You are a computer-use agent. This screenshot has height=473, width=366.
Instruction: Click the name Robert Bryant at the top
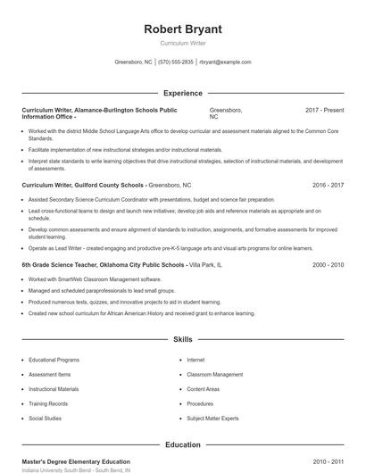183,29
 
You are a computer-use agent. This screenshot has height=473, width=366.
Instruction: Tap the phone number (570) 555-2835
176,62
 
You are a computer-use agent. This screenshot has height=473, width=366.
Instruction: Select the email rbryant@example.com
225,62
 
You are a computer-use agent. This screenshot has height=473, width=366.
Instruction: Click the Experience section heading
183,93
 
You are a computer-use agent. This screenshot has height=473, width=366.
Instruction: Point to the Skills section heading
183,340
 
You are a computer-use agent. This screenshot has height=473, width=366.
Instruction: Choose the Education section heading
183,444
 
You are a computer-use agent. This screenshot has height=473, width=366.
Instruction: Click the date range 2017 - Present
324,110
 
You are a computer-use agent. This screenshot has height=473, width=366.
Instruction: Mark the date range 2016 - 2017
328,185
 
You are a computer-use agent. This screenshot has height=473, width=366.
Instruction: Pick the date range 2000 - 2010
328,265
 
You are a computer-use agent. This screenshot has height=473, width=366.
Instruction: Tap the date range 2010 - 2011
328,461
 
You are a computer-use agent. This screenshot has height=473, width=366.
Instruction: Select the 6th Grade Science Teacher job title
104,265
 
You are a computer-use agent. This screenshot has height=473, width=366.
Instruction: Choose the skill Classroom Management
215,375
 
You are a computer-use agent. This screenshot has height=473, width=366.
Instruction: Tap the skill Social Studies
46,418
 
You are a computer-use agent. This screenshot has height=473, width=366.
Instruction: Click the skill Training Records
49,403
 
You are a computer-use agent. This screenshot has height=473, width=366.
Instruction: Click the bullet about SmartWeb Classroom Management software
95,279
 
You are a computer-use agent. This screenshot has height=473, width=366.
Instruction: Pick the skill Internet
195,360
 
